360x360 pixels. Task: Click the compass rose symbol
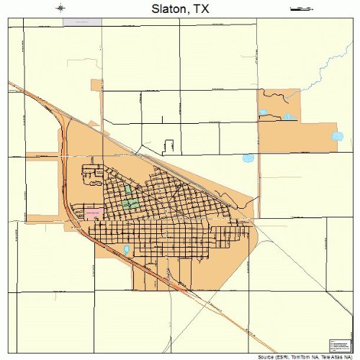pos(61,9)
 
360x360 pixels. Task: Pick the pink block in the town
pos(94,213)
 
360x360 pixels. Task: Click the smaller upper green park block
pos(128,191)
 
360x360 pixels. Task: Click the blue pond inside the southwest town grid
pos(127,250)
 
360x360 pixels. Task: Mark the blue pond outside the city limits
pos(248,158)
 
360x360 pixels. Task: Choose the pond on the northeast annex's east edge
pos(337,136)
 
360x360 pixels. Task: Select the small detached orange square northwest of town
pos(96,85)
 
